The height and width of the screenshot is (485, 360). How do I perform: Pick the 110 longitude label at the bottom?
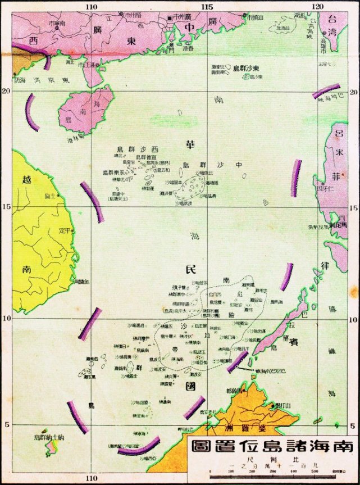tap(92, 478)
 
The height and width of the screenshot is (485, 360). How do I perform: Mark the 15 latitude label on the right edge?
tap(354, 207)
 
